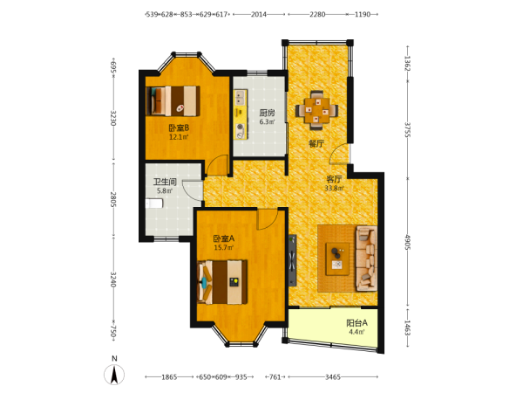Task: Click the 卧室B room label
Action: (179, 128)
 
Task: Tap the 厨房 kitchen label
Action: (268, 113)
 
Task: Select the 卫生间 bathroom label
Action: (165, 183)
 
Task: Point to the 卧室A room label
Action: (224, 238)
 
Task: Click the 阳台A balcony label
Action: (357, 323)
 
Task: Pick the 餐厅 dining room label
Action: (316, 144)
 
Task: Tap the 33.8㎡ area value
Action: (334, 188)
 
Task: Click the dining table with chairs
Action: (316, 110)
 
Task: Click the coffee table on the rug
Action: (337, 259)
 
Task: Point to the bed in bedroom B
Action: (173, 101)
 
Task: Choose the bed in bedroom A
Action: (222, 282)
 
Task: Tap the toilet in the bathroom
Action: (154, 203)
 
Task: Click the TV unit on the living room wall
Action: (292, 260)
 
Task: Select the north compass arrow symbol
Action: (114, 375)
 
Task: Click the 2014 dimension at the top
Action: (259, 14)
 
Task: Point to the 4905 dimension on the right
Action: (408, 242)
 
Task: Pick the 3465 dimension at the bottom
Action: (333, 377)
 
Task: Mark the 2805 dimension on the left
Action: (113, 199)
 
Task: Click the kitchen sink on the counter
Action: (241, 97)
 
